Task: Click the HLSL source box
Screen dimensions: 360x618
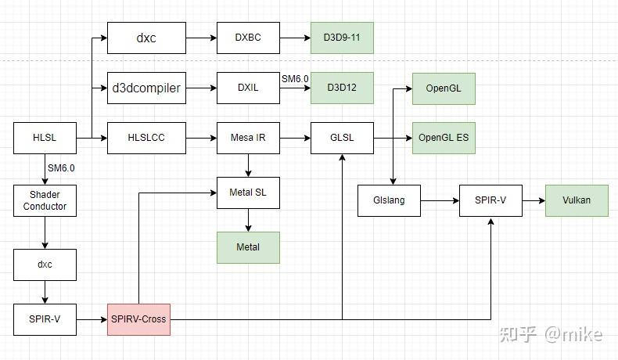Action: [x=45, y=138]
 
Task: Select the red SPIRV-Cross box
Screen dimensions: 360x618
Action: [x=138, y=319]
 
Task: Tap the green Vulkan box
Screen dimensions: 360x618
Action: [x=577, y=200]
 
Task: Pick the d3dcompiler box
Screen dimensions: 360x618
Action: [x=146, y=88]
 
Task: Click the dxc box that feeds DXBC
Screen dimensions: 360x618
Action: [x=146, y=38]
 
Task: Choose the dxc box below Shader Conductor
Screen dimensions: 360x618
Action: [x=45, y=265]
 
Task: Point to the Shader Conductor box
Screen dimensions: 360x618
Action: [x=45, y=200]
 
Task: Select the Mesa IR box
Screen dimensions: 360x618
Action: [x=248, y=138]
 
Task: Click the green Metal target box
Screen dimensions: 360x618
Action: [x=248, y=247]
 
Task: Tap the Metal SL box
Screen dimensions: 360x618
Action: [x=248, y=193]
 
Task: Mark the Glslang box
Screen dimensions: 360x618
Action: [x=389, y=200]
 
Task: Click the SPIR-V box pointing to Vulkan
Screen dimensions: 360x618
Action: [x=490, y=200]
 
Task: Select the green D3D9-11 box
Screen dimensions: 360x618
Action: [x=342, y=38]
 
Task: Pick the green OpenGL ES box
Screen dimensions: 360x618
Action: [x=444, y=138]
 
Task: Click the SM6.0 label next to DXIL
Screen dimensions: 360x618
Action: [x=295, y=79]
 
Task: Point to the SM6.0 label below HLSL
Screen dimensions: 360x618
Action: [x=61, y=167]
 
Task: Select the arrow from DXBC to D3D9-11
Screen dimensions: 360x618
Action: [x=295, y=38]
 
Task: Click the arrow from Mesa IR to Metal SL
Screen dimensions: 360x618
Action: [x=248, y=165]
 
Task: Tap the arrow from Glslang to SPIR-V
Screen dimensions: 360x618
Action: [x=440, y=200]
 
